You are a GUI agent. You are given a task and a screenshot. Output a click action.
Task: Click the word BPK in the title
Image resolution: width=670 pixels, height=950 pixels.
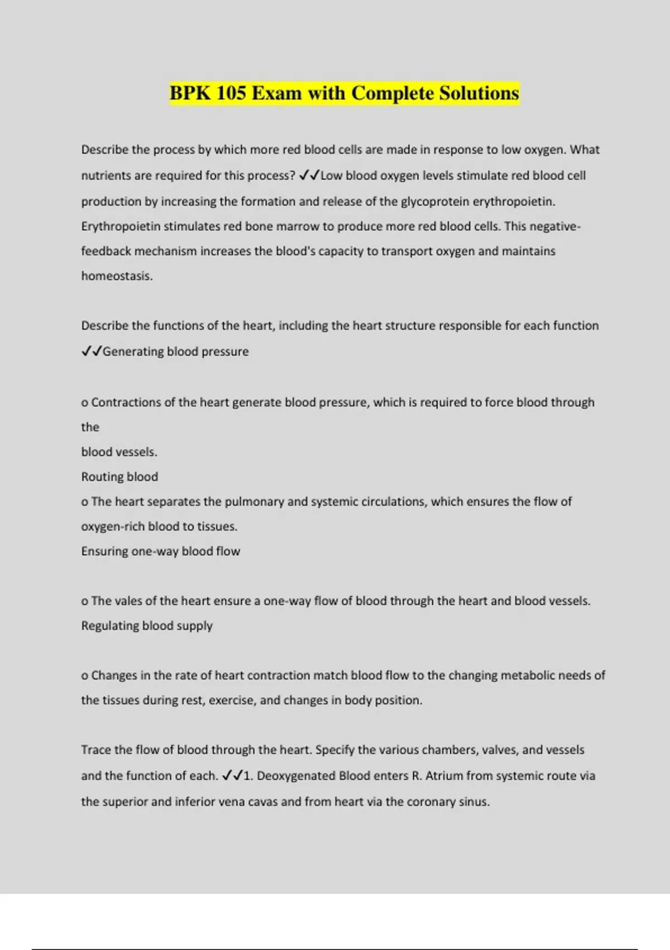coord(190,93)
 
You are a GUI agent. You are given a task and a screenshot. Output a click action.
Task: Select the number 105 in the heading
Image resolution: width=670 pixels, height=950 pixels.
coord(231,93)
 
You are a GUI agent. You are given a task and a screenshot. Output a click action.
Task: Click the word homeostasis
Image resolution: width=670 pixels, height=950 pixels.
coord(117,276)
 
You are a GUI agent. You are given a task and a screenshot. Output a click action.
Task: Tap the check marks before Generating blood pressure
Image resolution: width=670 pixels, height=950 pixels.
coord(91,351)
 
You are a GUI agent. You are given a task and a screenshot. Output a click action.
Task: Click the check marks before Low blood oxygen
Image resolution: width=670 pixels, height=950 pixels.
coord(309,175)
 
